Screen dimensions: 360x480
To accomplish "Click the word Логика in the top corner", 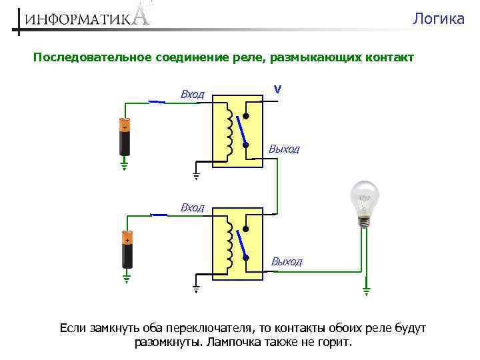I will click(x=438, y=19).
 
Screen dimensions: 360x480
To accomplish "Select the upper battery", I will click(x=124, y=137).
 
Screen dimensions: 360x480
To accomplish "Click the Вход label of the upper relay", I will click(x=193, y=95).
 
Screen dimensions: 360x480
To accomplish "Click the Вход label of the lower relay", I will click(x=193, y=208).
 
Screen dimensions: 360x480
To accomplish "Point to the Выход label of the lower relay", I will click(x=286, y=262).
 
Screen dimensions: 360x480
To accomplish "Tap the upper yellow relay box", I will click(x=238, y=130).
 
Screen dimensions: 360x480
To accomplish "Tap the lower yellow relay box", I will click(x=238, y=243).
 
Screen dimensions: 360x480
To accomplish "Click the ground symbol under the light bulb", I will click(x=365, y=291).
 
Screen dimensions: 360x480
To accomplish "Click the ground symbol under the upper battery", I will click(x=124, y=165).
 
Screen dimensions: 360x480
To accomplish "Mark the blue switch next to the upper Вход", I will click(x=157, y=101).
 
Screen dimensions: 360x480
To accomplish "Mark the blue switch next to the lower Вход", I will click(x=159, y=214).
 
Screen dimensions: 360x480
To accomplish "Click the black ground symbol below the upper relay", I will click(x=196, y=176).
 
